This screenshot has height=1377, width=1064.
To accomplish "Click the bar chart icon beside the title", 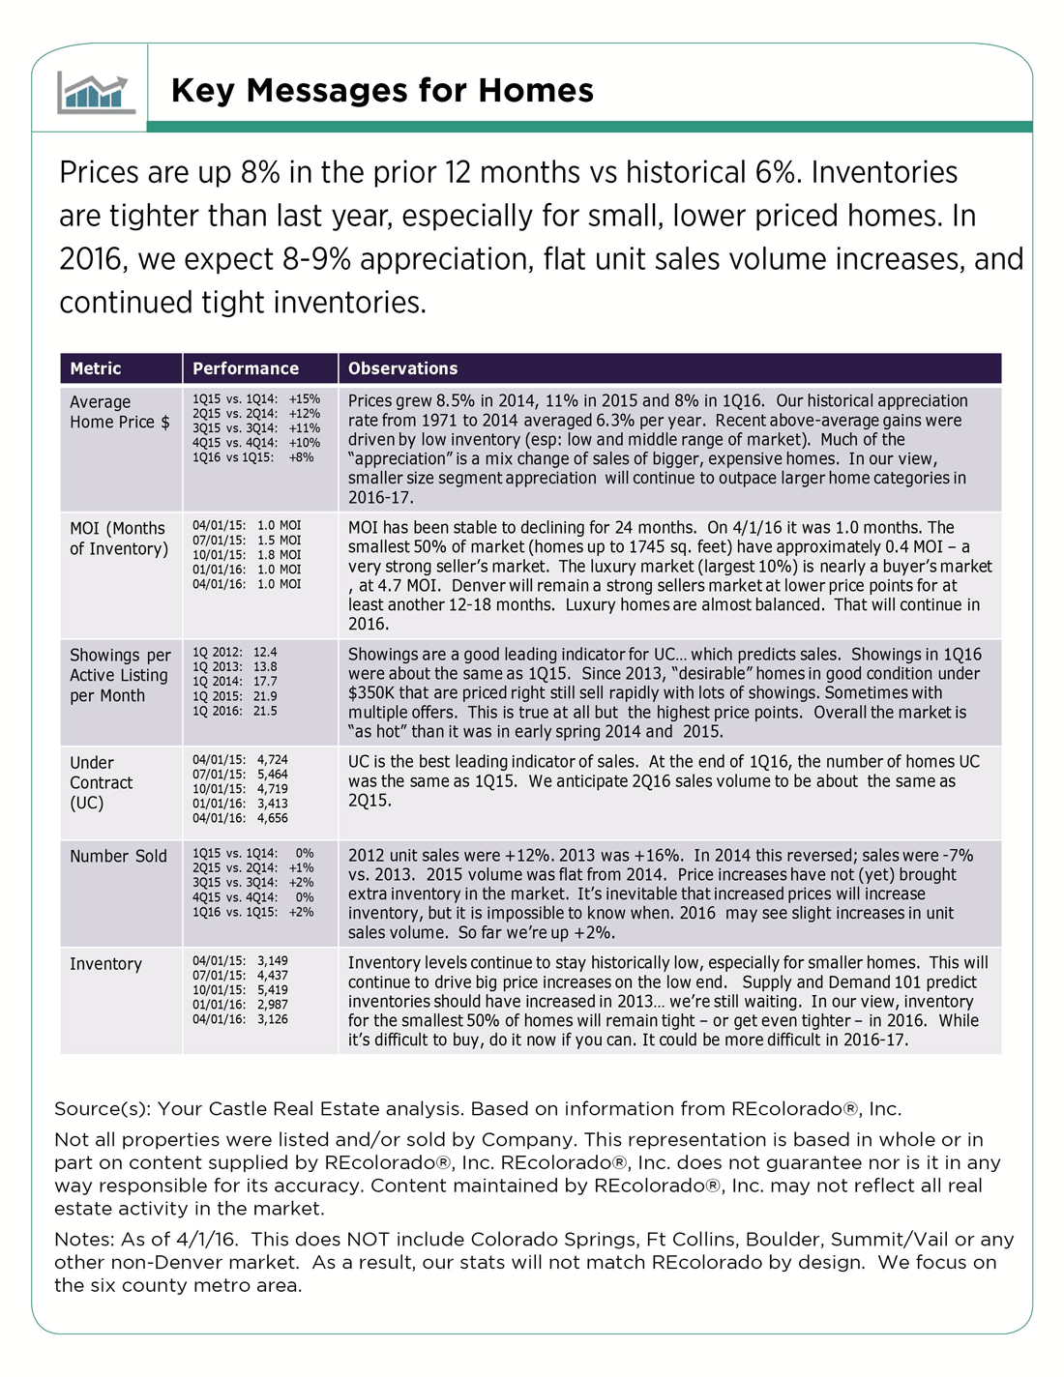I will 94,92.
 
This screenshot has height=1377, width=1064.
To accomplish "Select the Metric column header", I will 96,368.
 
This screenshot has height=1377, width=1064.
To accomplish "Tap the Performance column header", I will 246,368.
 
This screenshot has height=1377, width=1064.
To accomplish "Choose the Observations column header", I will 402,368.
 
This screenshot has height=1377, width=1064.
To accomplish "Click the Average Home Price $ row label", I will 119,412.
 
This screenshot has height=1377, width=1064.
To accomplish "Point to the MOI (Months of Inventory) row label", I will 117,539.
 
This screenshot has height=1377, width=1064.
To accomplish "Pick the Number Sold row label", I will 118,856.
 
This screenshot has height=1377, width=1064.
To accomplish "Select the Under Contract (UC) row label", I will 101,782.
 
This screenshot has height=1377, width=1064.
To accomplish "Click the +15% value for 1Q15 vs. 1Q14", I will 305,398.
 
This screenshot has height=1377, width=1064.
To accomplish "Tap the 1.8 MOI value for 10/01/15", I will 280,555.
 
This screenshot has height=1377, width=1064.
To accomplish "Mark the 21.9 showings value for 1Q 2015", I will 265,696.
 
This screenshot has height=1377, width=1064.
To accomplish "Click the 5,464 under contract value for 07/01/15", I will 273,775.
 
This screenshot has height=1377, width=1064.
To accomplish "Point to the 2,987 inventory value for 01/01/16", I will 273,1005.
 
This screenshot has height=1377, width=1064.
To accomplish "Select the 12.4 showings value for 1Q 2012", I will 265,653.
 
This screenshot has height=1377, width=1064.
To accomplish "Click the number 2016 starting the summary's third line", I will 91,259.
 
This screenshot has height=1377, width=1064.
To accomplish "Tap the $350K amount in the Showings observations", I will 369,692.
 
